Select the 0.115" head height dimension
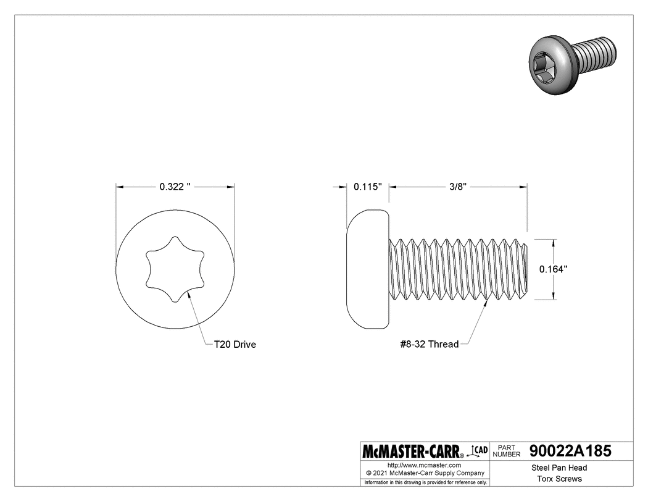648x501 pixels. pyautogui.click(x=368, y=187)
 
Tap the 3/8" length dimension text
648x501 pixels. pyautogui.click(x=457, y=187)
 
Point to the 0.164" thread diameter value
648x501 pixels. pyautogui.click(x=553, y=269)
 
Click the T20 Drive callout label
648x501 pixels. pyautogui.click(x=235, y=345)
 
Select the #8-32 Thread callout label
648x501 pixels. pyautogui.click(x=429, y=345)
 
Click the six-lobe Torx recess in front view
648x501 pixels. pyautogui.click(x=175, y=269)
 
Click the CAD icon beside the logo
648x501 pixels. pyautogui.click(x=479, y=450)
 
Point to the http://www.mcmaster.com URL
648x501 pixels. pyautogui.click(x=424, y=465)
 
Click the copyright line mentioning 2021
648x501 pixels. pyautogui.click(x=424, y=473)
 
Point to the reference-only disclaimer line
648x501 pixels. pyautogui.click(x=424, y=482)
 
